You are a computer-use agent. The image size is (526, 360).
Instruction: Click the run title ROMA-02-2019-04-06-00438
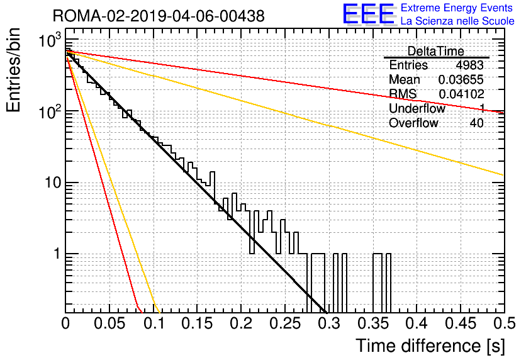[159, 16]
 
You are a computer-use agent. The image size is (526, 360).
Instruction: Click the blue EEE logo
[368, 14]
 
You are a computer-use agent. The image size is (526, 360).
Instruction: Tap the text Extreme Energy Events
[457, 8]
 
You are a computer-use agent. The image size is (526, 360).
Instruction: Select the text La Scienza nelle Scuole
[457, 21]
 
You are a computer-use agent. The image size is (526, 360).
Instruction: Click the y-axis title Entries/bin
[13, 70]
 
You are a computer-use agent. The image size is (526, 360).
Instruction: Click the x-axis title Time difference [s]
[430, 346]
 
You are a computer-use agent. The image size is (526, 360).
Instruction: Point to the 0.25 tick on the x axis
[285, 323]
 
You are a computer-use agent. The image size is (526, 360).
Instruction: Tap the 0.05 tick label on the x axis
[109, 323]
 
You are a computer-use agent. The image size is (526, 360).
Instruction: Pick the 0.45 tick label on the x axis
[461, 323]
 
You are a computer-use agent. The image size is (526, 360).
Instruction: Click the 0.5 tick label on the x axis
[504, 323]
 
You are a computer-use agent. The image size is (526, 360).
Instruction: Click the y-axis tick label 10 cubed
[50, 40]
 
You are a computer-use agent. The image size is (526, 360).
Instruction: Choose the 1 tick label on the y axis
[57, 254]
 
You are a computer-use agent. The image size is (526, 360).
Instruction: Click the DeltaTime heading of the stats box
[436, 51]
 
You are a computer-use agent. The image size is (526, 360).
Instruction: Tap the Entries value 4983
[469, 65]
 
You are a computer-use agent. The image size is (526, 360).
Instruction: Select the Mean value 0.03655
[461, 79]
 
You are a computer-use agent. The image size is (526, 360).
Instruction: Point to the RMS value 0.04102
[461, 94]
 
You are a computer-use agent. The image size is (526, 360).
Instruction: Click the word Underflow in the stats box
[417, 108]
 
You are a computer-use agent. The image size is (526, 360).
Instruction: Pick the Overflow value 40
[477, 123]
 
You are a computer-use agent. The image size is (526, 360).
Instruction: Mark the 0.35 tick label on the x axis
[372, 323]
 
